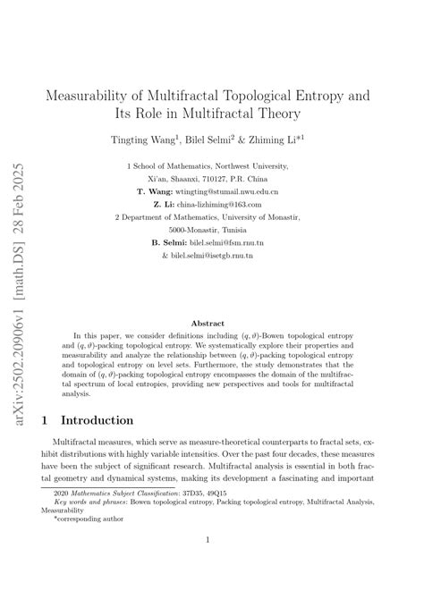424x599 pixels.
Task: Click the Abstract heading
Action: click(x=212, y=322)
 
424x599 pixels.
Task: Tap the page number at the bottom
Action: click(x=212, y=564)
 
